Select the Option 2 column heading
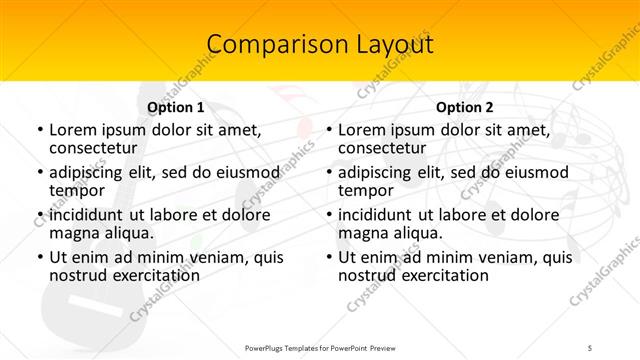[x=464, y=107]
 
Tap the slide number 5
[x=590, y=347]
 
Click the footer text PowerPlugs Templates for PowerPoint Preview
[x=319, y=347]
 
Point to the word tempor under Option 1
[x=77, y=190]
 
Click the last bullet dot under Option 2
[x=328, y=257]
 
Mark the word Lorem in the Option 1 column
[x=72, y=130]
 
